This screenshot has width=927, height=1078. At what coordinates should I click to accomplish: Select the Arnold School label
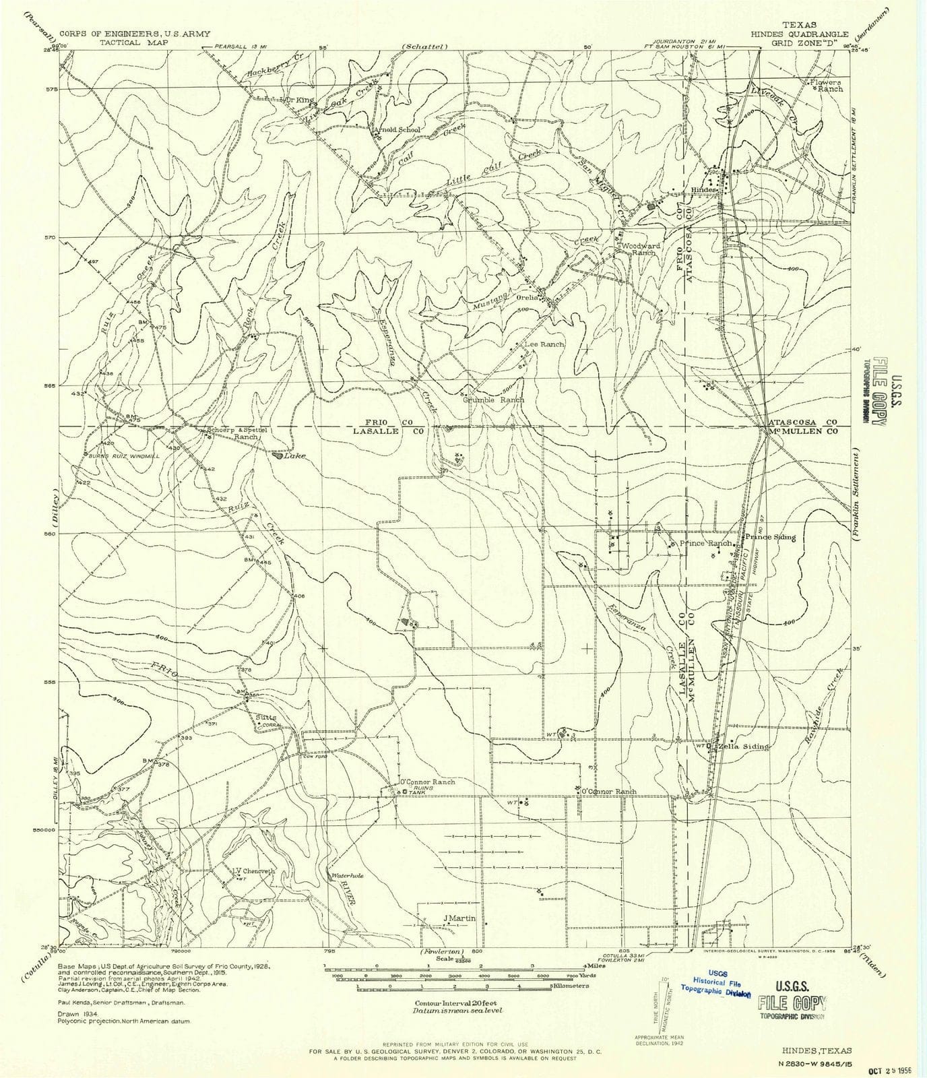point(401,130)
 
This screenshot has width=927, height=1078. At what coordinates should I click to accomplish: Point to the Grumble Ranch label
point(493,400)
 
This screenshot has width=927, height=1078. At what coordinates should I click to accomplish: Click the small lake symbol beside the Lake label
point(277,455)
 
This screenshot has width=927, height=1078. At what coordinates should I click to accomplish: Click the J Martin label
point(459,918)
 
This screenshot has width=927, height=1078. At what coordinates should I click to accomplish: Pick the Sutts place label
point(266,717)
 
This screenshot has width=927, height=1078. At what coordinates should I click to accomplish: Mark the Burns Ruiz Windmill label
point(124,456)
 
